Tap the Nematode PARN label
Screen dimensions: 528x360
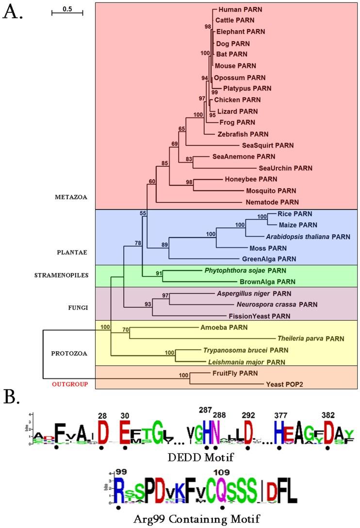[x=269, y=202]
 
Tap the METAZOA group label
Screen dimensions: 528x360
[x=74, y=197]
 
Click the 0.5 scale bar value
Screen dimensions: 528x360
[x=67, y=8]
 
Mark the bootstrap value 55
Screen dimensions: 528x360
[x=143, y=213]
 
